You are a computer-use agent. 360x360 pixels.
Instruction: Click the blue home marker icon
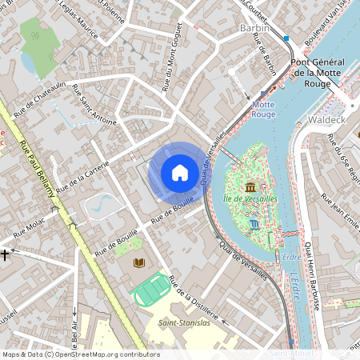(180, 172)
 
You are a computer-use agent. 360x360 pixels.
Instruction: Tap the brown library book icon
(139, 262)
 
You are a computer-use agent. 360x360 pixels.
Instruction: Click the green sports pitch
(151, 290)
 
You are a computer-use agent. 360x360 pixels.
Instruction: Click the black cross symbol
(6, 254)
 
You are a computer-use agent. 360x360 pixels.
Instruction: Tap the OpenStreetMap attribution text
(80, 354)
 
